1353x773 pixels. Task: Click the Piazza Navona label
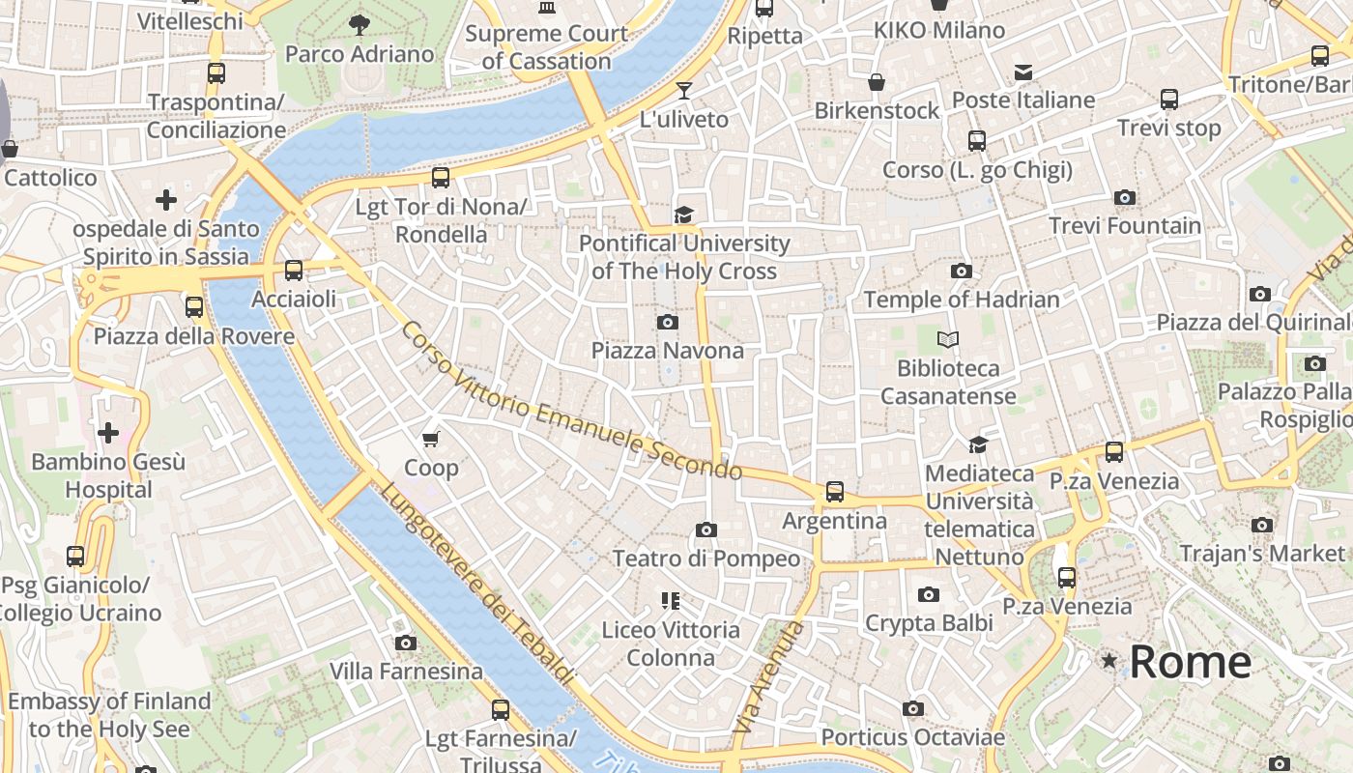(x=668, y=350)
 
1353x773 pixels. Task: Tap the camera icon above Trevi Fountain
(x=1124, y=198)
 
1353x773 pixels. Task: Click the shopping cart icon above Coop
(x=431, y=439)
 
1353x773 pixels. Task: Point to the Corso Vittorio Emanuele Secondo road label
(x=570, y=401)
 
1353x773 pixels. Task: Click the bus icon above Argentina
(x=835, y=492)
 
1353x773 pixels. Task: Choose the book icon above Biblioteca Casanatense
(x=948, y=339)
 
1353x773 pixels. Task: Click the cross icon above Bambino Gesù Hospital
(x=108, y=432)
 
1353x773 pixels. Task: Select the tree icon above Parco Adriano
(x=360, y=24)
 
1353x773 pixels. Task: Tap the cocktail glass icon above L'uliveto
(x=684, y=91)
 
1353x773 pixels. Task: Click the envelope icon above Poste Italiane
(x=1023, y=72)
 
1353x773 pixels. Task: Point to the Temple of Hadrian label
(x=962, y=300)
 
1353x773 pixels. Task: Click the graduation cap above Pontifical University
(x=684, y=215)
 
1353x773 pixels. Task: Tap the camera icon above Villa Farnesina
(x=406, y=643)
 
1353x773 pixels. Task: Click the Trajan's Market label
(x=1262, y=554)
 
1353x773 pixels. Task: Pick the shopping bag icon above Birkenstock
(x=877, y=82)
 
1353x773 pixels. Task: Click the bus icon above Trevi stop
(x=1169, y=99)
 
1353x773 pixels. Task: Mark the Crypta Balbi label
(x=929, y=623)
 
